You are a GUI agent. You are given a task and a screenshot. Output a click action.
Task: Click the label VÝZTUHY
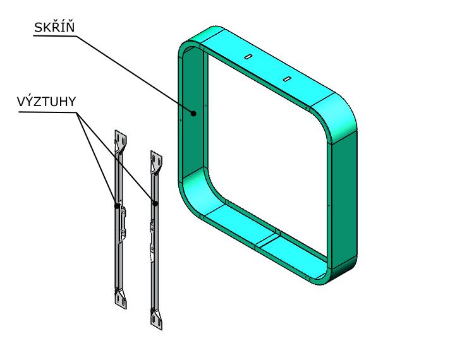[47, 102]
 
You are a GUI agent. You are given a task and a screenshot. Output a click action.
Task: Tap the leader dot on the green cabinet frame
[194, 114]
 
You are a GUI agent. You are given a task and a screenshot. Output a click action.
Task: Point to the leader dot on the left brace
[116, 205]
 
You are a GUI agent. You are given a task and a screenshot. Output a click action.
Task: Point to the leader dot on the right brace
[155, 203]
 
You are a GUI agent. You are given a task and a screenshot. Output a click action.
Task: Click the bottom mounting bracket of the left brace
[120, 298]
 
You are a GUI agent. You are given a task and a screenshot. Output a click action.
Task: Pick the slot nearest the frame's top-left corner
[249, 57]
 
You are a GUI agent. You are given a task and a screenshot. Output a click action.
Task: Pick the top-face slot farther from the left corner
[286, 79]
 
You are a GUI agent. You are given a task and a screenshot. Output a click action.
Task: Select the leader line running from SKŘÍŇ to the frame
[133, 73]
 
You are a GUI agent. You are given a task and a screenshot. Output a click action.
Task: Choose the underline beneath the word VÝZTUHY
[47, 112]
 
